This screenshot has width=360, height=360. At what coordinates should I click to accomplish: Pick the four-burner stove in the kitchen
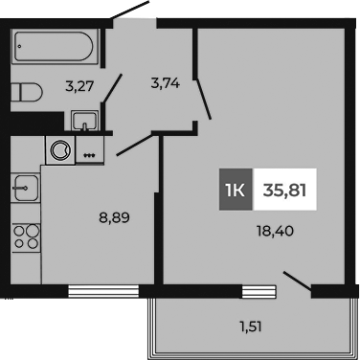[x=26, y=236]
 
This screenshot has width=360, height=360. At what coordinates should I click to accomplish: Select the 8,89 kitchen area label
[x=114, y=216]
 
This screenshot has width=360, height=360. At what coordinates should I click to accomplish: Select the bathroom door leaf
[x=113, y=90]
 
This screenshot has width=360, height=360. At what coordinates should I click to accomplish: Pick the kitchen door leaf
[x=136, y=144]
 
